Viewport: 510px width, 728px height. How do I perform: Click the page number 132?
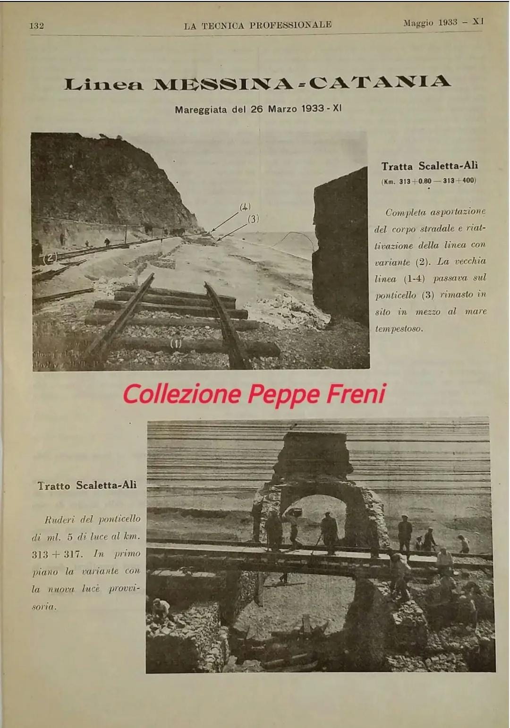(36, 25)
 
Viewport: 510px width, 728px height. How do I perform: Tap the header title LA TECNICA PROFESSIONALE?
(258, 25)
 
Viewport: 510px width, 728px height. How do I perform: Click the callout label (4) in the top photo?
(245, 206)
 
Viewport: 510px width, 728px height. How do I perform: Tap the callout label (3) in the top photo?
(254, 219)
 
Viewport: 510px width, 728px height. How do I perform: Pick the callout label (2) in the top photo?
(51, 258)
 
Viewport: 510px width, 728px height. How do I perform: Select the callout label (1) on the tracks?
(176, 344)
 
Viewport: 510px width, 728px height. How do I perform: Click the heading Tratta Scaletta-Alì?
(429, 166)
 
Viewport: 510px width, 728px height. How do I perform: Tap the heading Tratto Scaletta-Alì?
(87, 485)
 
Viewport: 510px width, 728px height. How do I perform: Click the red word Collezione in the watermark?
(181, 394)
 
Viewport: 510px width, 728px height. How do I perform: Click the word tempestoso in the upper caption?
(399, 329)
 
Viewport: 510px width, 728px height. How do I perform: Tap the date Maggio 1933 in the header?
(430, 23)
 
